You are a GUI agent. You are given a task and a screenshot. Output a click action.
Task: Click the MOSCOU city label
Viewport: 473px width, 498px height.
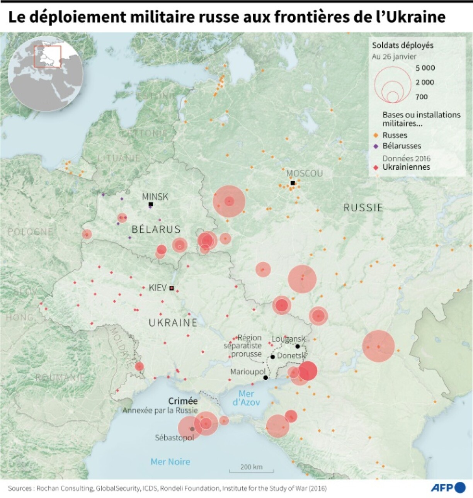click(304, 173)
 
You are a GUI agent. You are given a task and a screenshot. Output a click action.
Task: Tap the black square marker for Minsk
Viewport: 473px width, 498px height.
click(151, 204)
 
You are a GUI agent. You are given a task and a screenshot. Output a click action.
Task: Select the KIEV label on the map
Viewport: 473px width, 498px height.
click(157, 288)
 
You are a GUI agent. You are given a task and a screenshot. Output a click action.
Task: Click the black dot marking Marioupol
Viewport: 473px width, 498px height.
click(265, 377)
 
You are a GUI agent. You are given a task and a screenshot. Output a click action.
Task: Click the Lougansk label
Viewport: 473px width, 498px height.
click(288, 339)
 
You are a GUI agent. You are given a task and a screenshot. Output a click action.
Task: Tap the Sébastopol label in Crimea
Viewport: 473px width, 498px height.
click(174, 438)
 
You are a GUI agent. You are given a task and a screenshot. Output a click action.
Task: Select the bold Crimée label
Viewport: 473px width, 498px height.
click(183, 401)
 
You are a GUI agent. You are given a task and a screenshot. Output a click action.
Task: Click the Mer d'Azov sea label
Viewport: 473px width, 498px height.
click(246, 398)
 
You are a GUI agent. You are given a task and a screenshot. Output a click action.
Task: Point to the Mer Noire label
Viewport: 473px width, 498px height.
click(170, 462)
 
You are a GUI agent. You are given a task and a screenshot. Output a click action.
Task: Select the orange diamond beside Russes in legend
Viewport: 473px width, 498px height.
click(375, 135)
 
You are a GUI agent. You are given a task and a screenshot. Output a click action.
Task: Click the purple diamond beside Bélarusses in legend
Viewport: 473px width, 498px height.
click(375, 146)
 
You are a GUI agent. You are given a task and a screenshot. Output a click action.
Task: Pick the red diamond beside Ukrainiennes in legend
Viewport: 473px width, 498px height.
click(375, 167)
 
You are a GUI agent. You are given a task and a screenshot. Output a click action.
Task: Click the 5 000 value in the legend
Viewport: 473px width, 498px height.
click(425, 68)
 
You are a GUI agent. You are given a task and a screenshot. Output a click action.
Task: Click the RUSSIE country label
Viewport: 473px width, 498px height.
click(363, 208)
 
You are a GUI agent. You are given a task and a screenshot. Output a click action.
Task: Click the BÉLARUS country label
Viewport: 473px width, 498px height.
click(156, 229)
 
